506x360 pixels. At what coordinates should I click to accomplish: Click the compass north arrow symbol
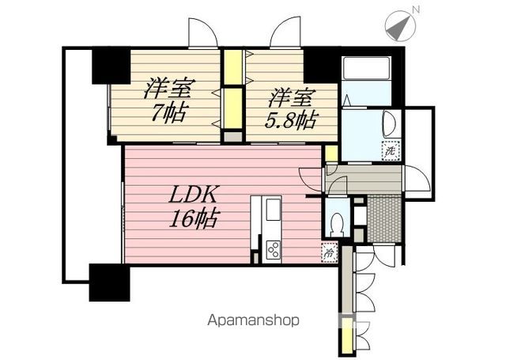pyautogui.click(x=399, y=26)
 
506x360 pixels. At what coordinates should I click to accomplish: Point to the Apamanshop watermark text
pyautogui.click(x=253, y=320)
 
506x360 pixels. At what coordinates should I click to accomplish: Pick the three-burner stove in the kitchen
pyautogui.click(x=273, y=250)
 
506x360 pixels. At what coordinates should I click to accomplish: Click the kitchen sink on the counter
pyautogui.click(x=273, y=210)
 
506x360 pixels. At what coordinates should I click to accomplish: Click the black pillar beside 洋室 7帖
pyautogui.click(x=110, y=66)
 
